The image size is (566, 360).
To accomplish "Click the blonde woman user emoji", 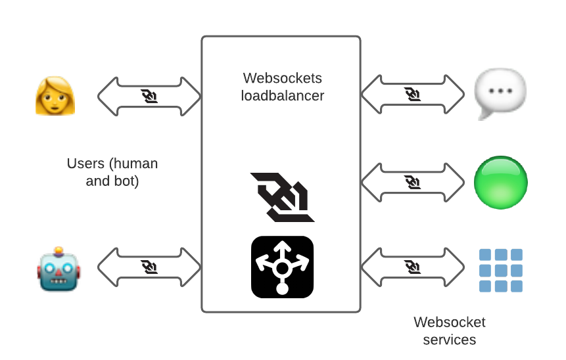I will pyautogui.click(x=55, y=96).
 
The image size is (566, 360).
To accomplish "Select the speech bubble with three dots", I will pyautogui.click(x=500, y=93).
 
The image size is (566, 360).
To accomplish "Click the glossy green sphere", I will pyautogui.click(x=501, y=182).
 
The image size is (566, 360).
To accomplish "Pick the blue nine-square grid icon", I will pyautogui.click(x=501, y=270).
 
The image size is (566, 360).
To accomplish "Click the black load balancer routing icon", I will pyautogui.click(x=282, y=267).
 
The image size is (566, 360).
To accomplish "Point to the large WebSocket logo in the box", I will pyautogui.click(x=282, y=197).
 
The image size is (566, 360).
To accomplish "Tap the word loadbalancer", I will pyautogui.click(x=283, y=96).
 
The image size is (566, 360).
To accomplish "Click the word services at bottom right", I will pyautogui.click(x=450, y=340).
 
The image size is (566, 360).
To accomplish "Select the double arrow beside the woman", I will pyautogui.click(x=149, y=97).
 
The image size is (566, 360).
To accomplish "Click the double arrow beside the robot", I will pyautogui.click(x=149, y=267).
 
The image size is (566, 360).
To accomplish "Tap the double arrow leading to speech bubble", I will pyautogui.click(x=413, y=94).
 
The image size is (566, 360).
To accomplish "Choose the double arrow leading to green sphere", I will pyautogui.click(x=413, y=182).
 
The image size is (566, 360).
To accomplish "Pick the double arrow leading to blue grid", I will pyautogui.click(x=413, y=267).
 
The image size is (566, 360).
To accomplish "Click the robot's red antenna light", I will pyautogui.click(x=59, y=250).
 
